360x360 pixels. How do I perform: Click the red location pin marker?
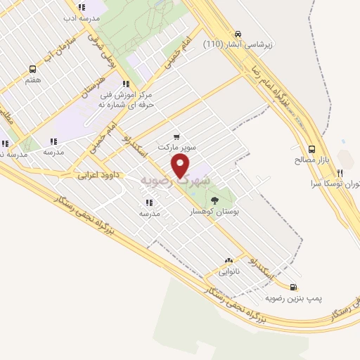coord(181,165)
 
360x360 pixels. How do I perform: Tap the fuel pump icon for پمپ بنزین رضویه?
coord(293,286)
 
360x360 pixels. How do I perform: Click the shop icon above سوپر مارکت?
coord(176,137)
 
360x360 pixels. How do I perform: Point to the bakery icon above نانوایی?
coord(229,260)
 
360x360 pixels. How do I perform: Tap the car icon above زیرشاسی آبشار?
coord(238,33)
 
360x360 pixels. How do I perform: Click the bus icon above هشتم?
coord(32,69)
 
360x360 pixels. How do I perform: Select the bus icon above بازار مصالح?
coord(312,148)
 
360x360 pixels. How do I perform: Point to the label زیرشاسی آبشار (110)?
coord(238,44)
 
